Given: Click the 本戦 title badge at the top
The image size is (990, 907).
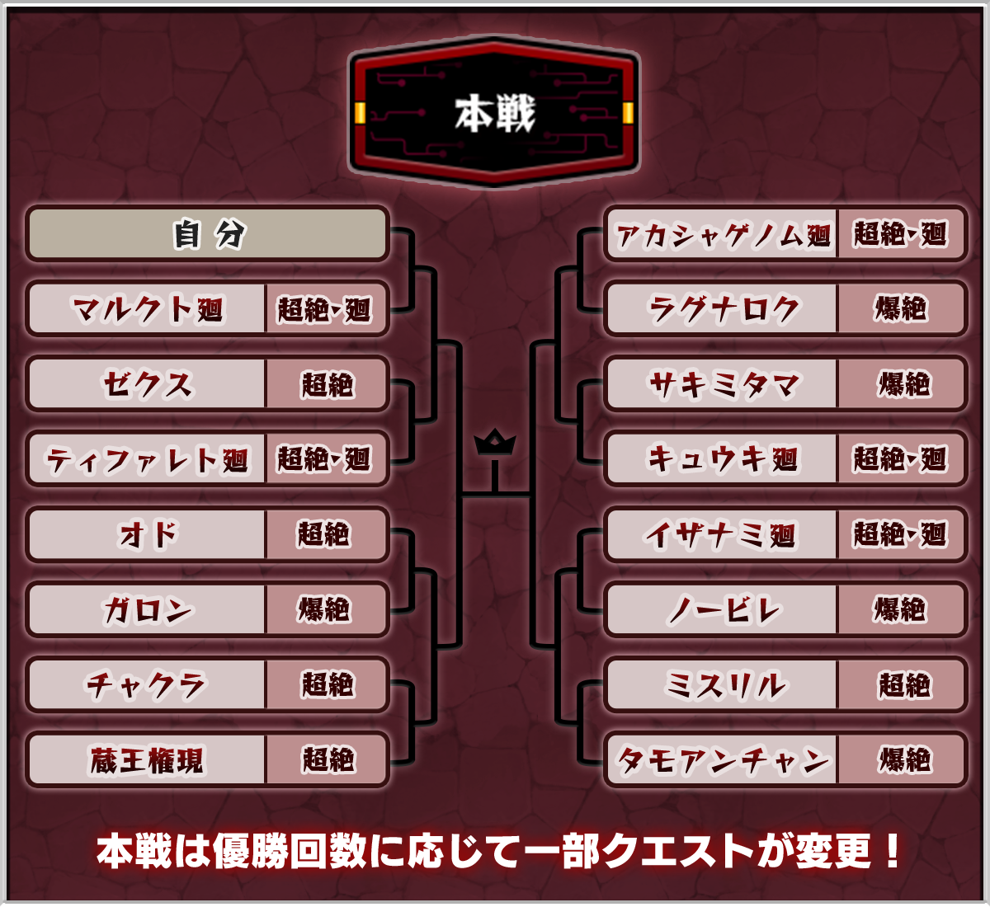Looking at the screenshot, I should pyautogui.click(x=494, y=112).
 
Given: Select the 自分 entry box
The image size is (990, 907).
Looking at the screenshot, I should pyautogui.click(x=207, y=234).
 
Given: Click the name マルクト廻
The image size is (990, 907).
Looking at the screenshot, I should pyautogui.click(x=148, y=309).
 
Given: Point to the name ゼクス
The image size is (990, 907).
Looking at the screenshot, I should pyautogui.click(x=148, y=384).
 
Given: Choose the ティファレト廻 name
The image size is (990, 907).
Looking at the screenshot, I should pyautogui.click(x=148, y=459).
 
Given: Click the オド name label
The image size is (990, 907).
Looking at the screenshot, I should pyautogui.click(x=148, y=534).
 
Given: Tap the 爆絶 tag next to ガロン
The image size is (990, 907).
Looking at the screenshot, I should pyautogui.click(x=324, y=610).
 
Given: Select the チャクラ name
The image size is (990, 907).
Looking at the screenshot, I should pyautogui.click(x=148, y=684).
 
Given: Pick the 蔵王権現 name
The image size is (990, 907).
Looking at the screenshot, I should pyautogui.click(x=148, y=759).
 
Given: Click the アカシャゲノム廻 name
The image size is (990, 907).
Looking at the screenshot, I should pyautogui.click(x=723, y=235).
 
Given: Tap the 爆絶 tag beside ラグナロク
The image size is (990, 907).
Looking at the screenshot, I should pyautogui.click(x=900, y=309).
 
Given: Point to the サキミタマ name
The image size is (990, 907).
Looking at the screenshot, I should pyautogui.click(x=723, y=384).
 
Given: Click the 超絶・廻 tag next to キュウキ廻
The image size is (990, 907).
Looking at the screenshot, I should pyautogui.click(x=900, y=459).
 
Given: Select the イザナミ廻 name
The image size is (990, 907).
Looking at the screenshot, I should pyautogui.click(x=723, y=534).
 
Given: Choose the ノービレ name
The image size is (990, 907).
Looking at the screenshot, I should pyautogui.click(x=723, y=610).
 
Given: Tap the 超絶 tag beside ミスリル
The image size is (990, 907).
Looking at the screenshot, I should pyautogui.click(x=902, y=684).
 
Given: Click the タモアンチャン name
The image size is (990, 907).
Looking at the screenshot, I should pyautogui.click(x=723, y=759).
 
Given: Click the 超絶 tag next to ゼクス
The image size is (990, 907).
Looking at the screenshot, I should pyautogui.click(x=326, y=384).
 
